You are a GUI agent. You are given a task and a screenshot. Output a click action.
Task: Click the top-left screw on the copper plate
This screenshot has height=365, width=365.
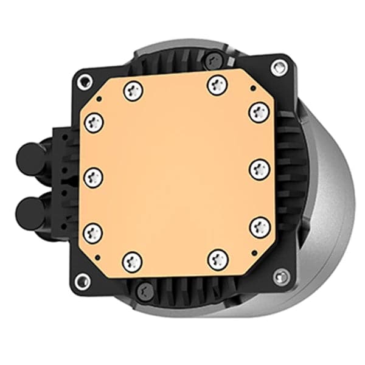[133, 92]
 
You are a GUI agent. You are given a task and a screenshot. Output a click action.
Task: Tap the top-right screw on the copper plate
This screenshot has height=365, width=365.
[218, 85]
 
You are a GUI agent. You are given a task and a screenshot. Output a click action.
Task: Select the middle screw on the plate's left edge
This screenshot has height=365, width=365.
[94, 176]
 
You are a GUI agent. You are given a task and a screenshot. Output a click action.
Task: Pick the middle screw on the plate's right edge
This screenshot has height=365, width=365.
[260, 169]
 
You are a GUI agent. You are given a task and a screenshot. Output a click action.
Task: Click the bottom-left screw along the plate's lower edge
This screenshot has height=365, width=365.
[132, 262]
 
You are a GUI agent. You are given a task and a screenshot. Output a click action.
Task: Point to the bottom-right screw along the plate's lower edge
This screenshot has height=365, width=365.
[218, 260]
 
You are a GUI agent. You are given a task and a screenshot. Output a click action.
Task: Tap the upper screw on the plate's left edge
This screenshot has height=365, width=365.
[94, 122]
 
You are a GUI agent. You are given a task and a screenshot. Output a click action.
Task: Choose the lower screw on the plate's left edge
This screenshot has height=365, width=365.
[94, 231]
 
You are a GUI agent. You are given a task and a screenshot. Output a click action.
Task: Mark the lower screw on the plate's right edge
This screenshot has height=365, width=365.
[260, 226]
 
